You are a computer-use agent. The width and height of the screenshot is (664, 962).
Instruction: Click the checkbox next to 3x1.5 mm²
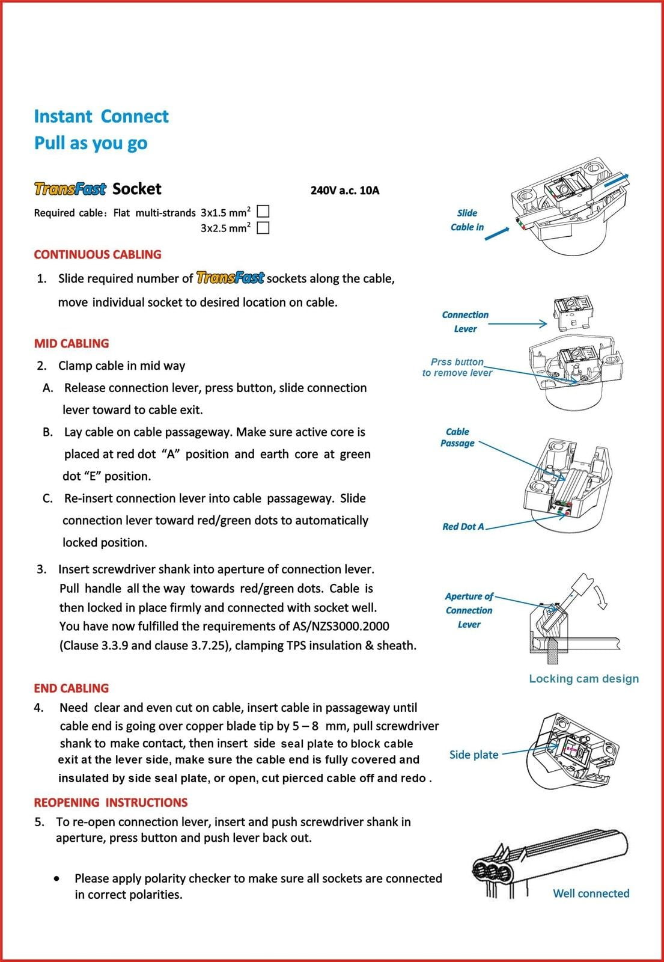click(x=263, y=211)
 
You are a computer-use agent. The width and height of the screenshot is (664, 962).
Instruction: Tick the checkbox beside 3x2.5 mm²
click(x=263, y=227)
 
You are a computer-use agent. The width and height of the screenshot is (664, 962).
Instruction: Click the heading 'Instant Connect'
click(x=101, y=116)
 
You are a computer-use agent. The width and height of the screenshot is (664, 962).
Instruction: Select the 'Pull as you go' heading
click(x=91, y=143)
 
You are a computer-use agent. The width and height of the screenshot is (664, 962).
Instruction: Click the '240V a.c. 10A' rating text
click(x=345, y=191)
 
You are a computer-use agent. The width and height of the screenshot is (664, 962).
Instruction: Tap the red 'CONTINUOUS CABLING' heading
click(x=97, y=254)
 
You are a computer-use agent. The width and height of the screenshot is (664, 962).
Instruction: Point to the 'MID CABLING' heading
click(x=72, y=343)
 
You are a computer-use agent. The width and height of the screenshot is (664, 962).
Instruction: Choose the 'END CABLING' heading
click(x=72, y=688)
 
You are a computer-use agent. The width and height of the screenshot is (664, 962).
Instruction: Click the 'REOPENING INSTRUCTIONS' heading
click(x=111, y=803)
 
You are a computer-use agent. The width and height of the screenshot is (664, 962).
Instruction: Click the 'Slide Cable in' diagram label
click(x=467, y=220)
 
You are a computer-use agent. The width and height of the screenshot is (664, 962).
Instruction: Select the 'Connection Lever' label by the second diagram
click(x=465, y=322)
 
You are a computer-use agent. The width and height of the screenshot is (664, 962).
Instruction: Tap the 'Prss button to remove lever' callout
click(x=457, y=367)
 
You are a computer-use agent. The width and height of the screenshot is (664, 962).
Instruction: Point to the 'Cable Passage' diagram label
click(x=457, y=437)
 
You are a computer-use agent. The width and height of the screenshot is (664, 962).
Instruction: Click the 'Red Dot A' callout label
click(x=463, y=527)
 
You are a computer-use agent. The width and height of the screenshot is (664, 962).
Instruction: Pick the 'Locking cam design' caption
click(x=583, y=679)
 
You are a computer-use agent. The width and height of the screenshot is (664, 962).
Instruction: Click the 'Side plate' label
click(x=474, y=755)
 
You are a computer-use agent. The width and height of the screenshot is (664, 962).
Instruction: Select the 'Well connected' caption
click(x=591, y=893)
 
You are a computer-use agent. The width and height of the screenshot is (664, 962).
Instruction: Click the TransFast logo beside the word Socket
click(x=70, y=189)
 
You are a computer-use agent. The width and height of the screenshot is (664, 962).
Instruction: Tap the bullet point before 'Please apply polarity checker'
click(x=56, y=878)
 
